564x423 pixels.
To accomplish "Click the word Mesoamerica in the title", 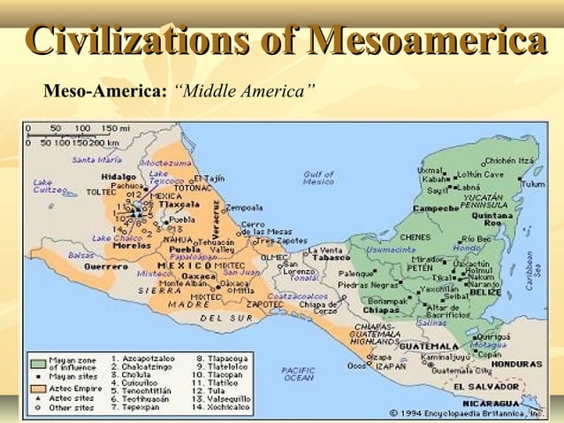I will coord(424,42).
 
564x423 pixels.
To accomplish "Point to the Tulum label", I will coord(533,184).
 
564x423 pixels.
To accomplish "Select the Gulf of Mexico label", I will coord(318,177).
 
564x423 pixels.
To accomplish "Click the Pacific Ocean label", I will coord(298,373).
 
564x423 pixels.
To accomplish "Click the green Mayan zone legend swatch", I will coord(37,363).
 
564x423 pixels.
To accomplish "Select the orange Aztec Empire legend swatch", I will coord(37,387).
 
